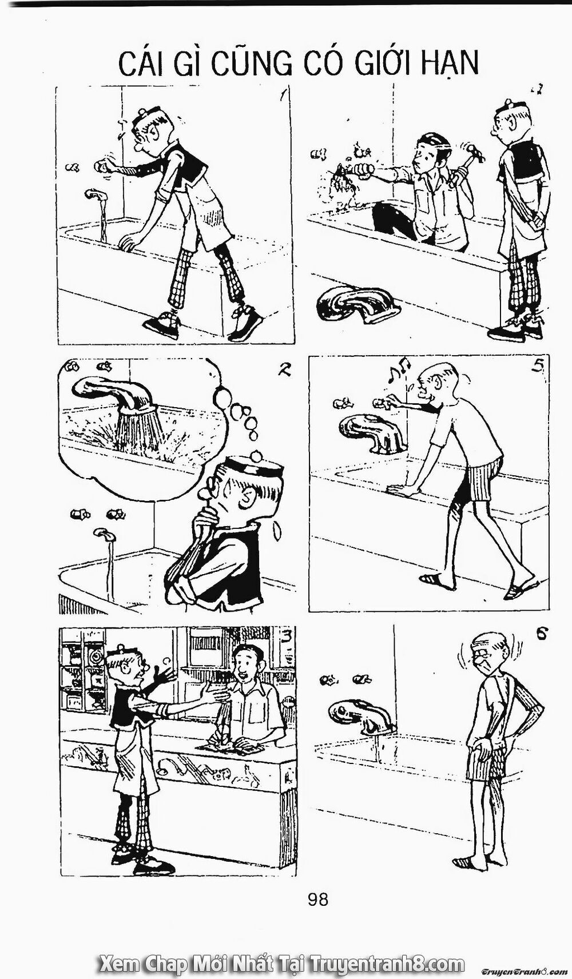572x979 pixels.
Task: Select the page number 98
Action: click(318, 900)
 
